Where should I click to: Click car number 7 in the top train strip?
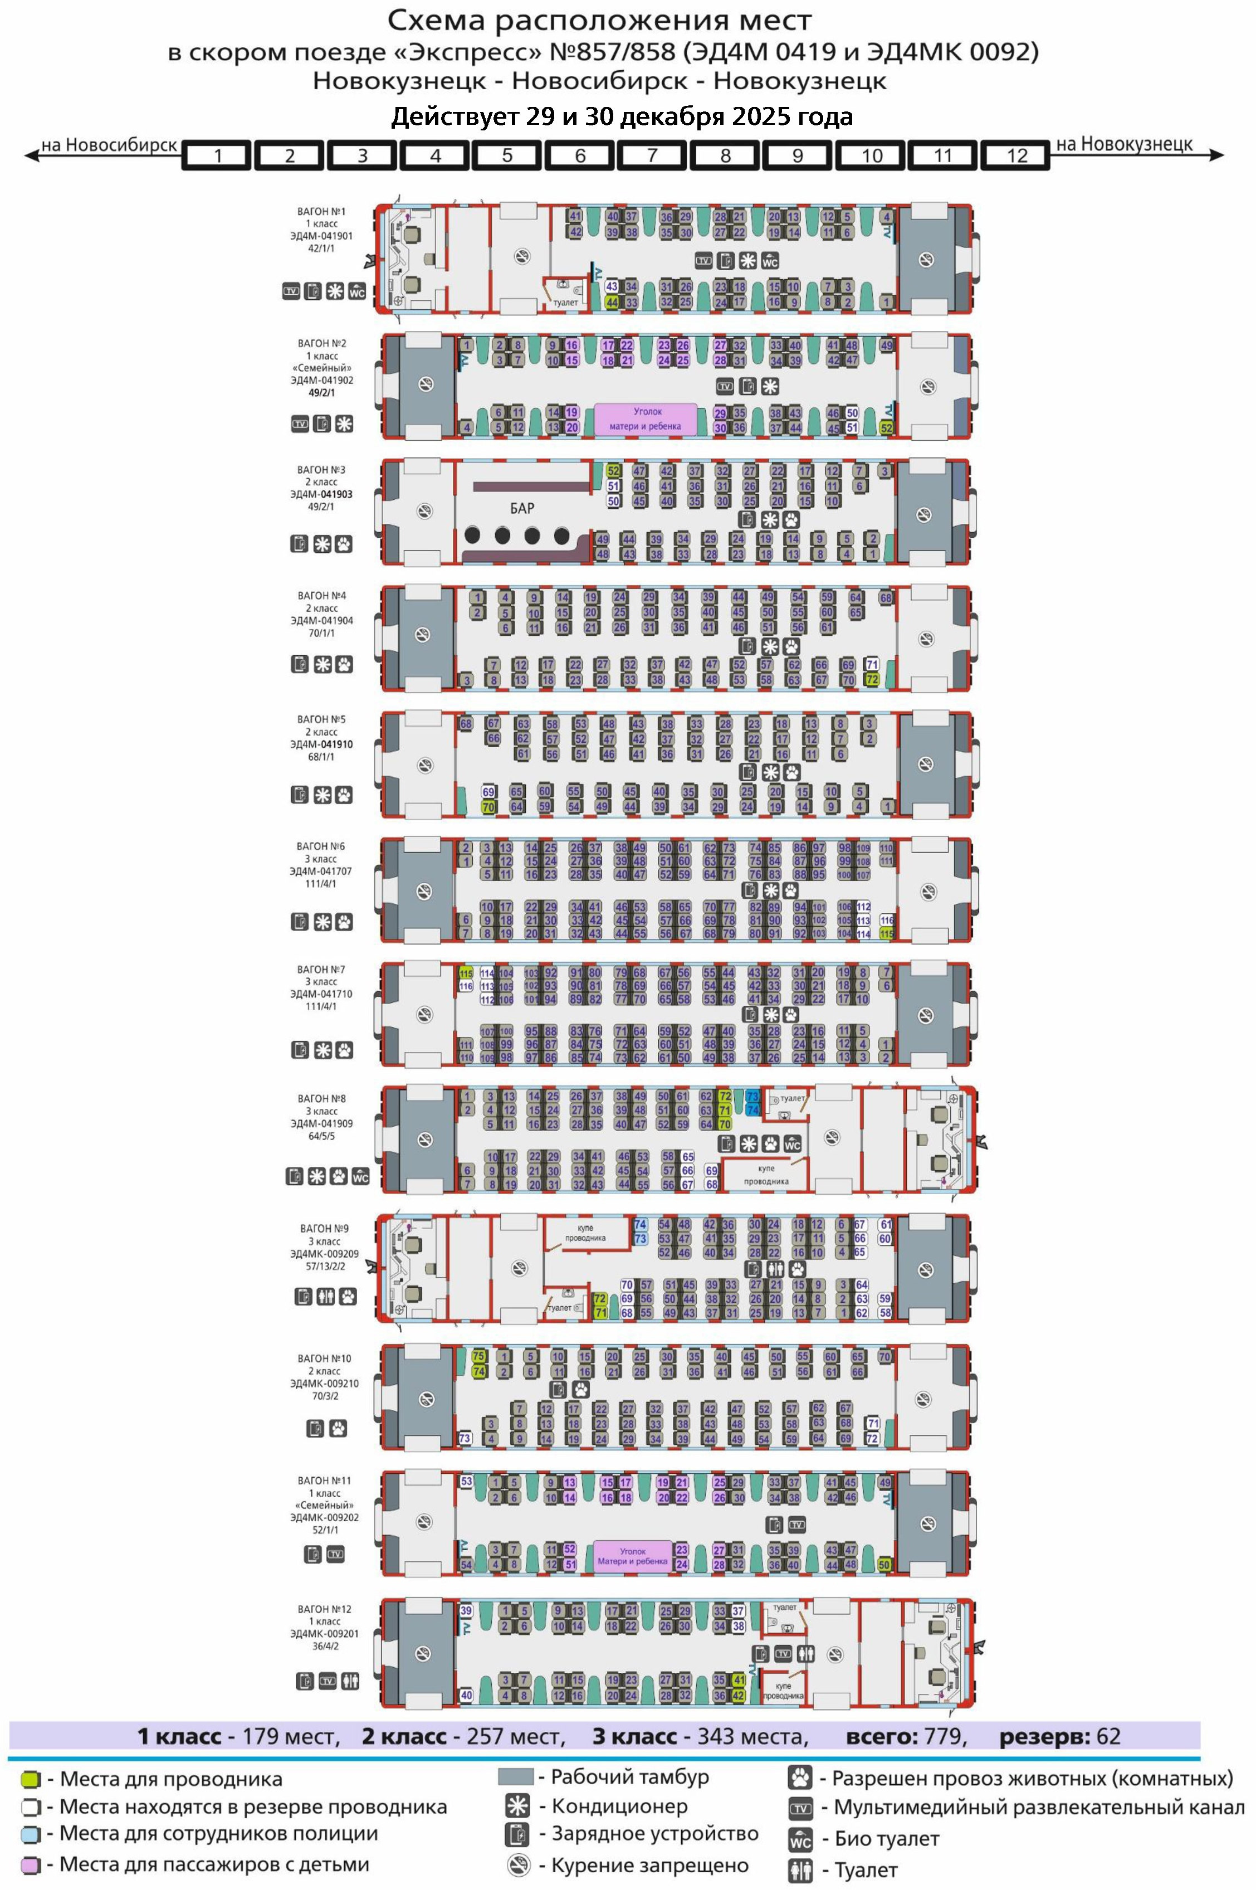click(x=652, y=155)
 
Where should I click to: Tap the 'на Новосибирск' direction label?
click(x=109, y=145)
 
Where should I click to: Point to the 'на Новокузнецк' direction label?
click(x=1124, y=144)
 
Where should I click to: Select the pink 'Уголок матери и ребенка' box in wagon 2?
click(x=646, y=419)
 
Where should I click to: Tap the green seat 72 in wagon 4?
click(x=872, y=679)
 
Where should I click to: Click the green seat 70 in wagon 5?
click(x=488, y=807)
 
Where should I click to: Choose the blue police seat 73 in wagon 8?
click(x=752, y=1096)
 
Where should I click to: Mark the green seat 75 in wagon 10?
click(x=478, y=1356)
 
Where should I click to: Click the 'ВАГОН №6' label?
click(x=320, y=846)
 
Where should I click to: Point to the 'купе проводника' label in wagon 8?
click(x=766, y=1175)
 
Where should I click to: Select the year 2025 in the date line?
click(x=765, y=117)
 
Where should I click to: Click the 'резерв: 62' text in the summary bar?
click(x=1059, y=1736)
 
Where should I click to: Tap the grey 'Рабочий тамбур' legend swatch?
click(x=515, y=1777)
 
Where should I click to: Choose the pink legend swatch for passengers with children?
click(x=31, y=1864)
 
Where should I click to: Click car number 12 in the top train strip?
click(x=1016, y=155)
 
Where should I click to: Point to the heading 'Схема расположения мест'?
click(x=599, y=20)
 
